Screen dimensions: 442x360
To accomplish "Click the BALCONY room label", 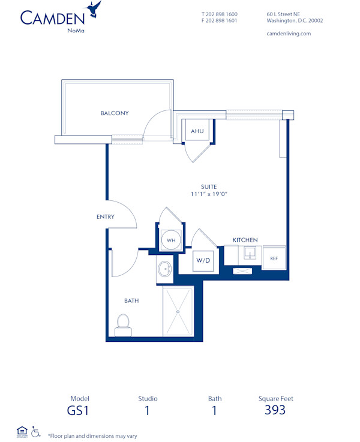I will (114, 113).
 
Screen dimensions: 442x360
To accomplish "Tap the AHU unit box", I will (197, 131).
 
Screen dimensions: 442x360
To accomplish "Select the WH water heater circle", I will (171, 240).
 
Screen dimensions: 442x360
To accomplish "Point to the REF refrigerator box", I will (274, 258).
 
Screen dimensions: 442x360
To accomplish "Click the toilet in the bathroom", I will (123, 324).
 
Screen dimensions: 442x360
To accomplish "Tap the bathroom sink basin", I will (164, 269).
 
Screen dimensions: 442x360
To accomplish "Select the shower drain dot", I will (178, 311).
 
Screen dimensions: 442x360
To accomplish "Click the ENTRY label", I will (105, 217).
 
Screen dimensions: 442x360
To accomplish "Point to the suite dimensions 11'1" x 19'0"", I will (209, 194).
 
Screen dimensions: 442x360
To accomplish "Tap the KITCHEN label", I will (245, 240).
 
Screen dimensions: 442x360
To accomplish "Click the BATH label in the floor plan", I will (131, 300).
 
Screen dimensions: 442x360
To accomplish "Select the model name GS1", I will (80, 411).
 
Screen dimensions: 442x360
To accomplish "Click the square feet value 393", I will (275, 410).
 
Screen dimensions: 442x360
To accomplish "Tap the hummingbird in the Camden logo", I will (94, 8).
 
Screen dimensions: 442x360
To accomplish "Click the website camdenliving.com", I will (288, 34).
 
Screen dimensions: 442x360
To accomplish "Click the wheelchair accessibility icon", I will (35, 431).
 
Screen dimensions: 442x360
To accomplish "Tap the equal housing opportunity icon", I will (22, 431).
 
